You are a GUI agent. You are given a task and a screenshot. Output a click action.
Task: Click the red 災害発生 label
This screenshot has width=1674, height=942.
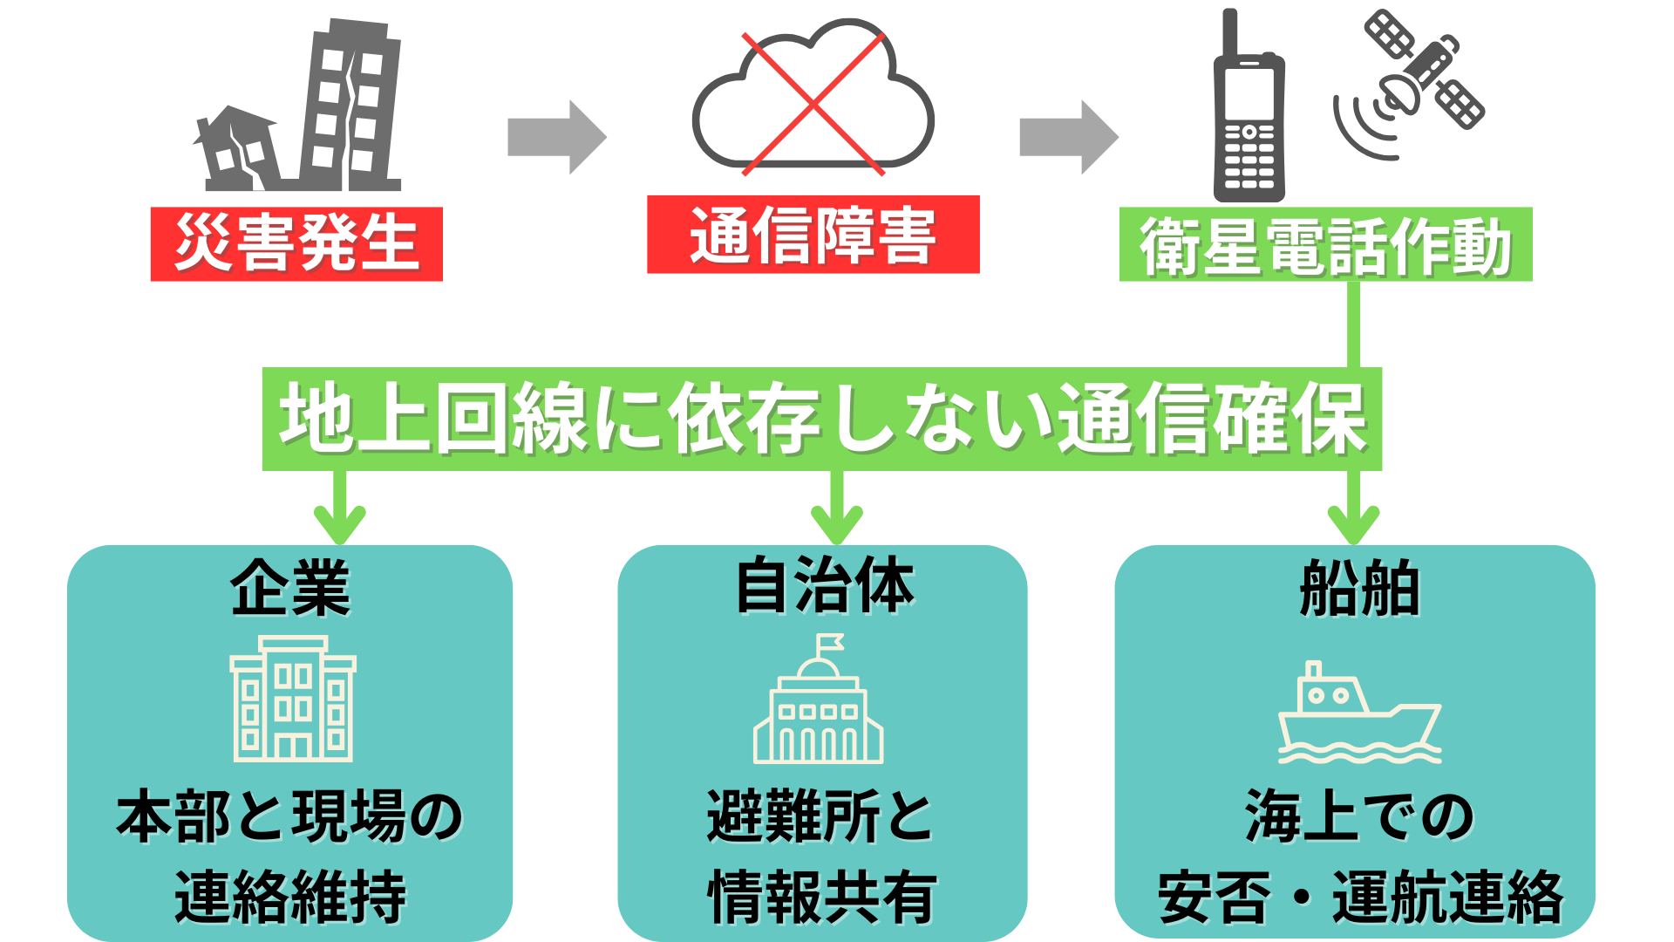tap(296, 243)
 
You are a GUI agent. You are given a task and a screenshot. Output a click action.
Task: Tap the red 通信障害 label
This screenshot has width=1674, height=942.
tap(813, 235)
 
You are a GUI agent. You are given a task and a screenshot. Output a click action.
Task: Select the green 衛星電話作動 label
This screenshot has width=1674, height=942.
tap(1324, 245)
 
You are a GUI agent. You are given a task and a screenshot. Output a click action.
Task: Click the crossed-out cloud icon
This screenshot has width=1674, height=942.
tap(813, 100)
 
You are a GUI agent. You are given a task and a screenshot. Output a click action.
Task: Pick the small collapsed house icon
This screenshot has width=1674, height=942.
tap(235, 148)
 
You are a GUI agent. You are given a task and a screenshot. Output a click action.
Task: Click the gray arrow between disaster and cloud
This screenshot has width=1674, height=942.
tap(556, 137)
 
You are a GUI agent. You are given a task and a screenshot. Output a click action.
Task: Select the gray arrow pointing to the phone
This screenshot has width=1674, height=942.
tap(1068, 137)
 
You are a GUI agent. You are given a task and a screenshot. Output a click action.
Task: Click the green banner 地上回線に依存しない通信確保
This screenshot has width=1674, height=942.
tap(821, 419)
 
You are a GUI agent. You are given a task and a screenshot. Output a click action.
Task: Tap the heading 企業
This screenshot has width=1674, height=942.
tap(290, 588)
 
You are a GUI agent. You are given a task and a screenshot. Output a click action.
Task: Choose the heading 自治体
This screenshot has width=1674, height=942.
tap(824, 586)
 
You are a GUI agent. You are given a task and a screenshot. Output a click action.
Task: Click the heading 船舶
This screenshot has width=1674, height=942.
tap(1359, 588)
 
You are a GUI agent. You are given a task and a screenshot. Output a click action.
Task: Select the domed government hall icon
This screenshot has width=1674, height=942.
tap(818, 702)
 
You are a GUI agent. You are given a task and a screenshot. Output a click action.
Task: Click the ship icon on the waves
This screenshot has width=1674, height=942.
tap(1358, 715)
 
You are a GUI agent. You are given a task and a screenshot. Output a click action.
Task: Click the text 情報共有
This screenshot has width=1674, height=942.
tap(822, 896)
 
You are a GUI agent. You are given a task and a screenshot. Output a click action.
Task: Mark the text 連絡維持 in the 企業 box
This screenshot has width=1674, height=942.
tap(290, 896)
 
